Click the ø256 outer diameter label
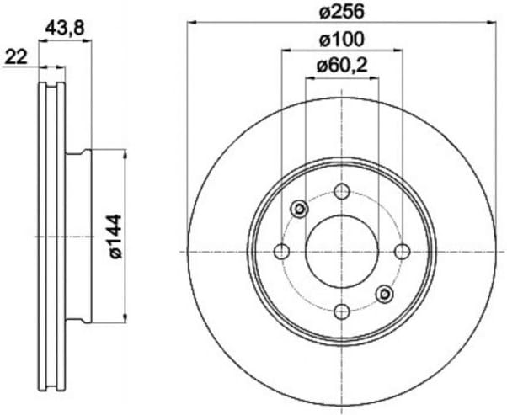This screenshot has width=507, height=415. coord(341,13)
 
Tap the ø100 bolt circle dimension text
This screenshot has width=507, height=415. coord(341,40)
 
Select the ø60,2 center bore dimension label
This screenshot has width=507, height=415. coord(342,67)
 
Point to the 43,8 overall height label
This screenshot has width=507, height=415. coord(65,29)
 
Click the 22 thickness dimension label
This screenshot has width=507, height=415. coord(17,58)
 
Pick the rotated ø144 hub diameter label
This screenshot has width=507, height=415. coord(115,237)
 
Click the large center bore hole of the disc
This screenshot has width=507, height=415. coord(342,252)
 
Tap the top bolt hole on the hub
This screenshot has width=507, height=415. coord(342,191)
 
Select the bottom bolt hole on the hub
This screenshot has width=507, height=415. coord(342,312)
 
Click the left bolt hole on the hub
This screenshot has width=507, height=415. coord(281,252)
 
